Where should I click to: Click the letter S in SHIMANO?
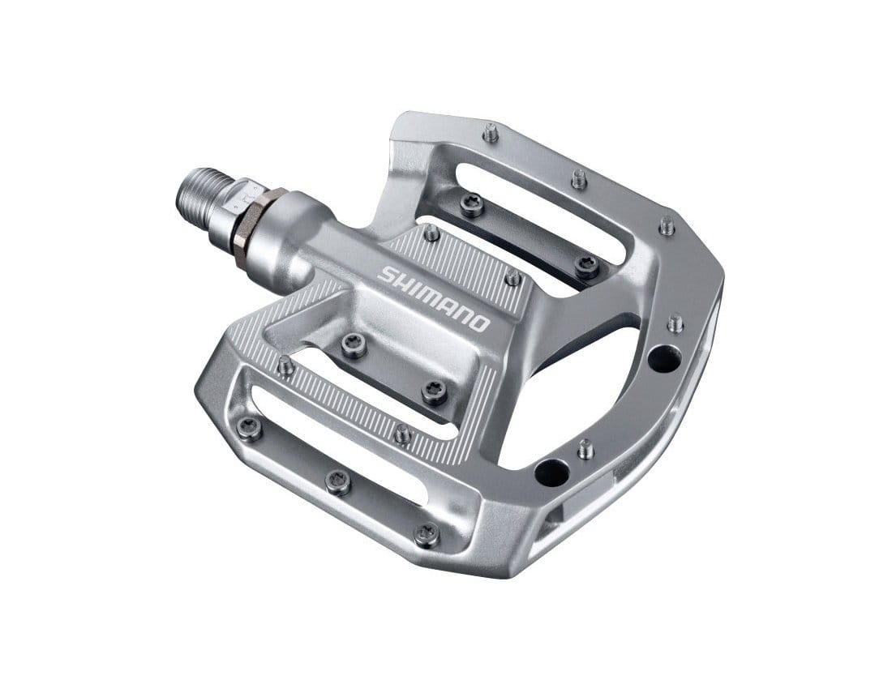coord(388,275)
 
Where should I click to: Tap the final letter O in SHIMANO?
coord(478,323)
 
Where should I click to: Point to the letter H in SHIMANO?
coord(404,284)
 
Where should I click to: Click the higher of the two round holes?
coord(664,357)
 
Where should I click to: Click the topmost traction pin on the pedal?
coord(491,133)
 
